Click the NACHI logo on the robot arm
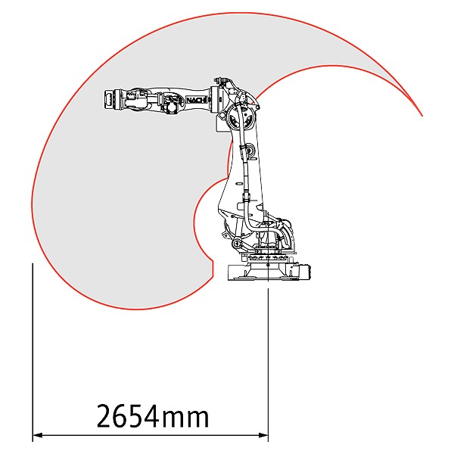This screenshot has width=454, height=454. click(x=197, y=100)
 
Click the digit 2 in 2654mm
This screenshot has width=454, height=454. click(x=105, y=415)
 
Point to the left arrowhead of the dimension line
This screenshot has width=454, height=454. click(x=38, y=435)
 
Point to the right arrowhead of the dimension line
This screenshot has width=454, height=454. click(x=263, y=435)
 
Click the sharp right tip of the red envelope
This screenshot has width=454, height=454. click(x=421, y=115)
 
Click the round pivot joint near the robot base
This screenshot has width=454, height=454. click(x=236, y=243)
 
